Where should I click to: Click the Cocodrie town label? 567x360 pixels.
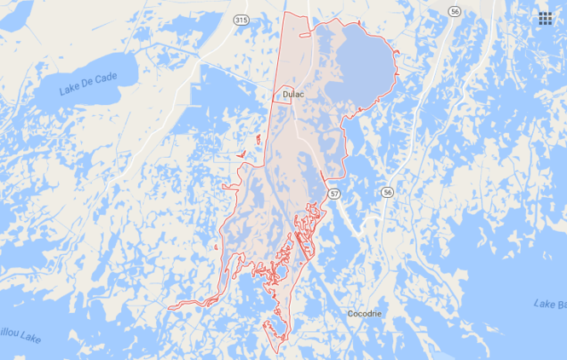click(365, 314)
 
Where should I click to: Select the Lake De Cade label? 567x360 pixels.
click(87, 84)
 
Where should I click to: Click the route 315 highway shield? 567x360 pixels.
click(240, 19)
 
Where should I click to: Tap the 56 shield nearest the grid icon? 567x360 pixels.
click(455, 12)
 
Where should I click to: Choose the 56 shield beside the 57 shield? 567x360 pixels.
click(387, 192)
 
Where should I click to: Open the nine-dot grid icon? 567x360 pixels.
click(543, 19)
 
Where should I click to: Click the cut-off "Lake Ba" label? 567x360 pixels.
click(548, 304)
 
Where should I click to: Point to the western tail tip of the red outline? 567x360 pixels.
click(169, 306)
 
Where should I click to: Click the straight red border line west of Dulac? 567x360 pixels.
click(271, 128)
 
